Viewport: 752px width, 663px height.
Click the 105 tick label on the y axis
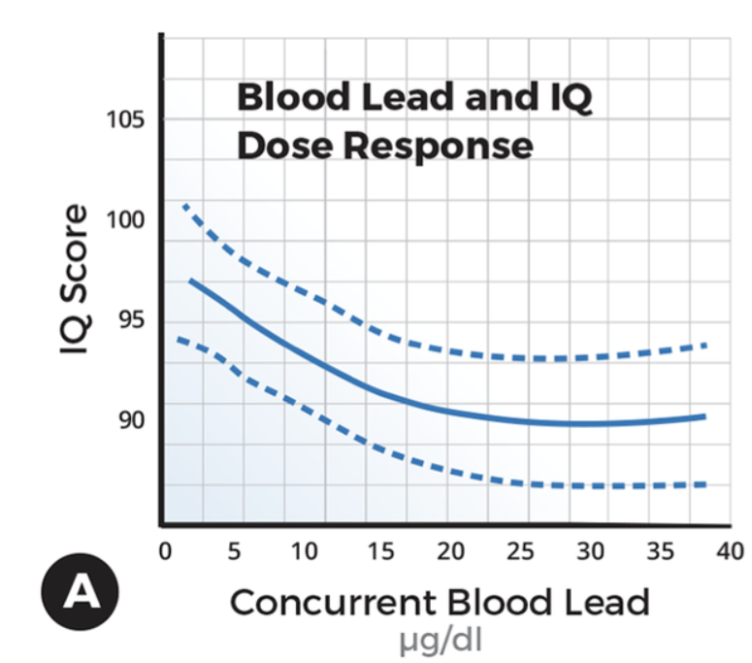pos(125,120)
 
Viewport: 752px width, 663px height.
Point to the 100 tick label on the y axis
pos(125,220)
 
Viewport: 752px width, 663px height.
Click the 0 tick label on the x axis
pos(164,551)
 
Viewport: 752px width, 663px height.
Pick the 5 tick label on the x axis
pos(234,551)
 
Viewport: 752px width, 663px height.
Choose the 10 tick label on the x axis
pos(305,551)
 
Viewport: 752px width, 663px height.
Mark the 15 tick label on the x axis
pos(378,551)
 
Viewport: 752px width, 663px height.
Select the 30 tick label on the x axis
pos(592,551)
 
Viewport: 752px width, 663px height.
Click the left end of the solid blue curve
pos(190,281)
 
